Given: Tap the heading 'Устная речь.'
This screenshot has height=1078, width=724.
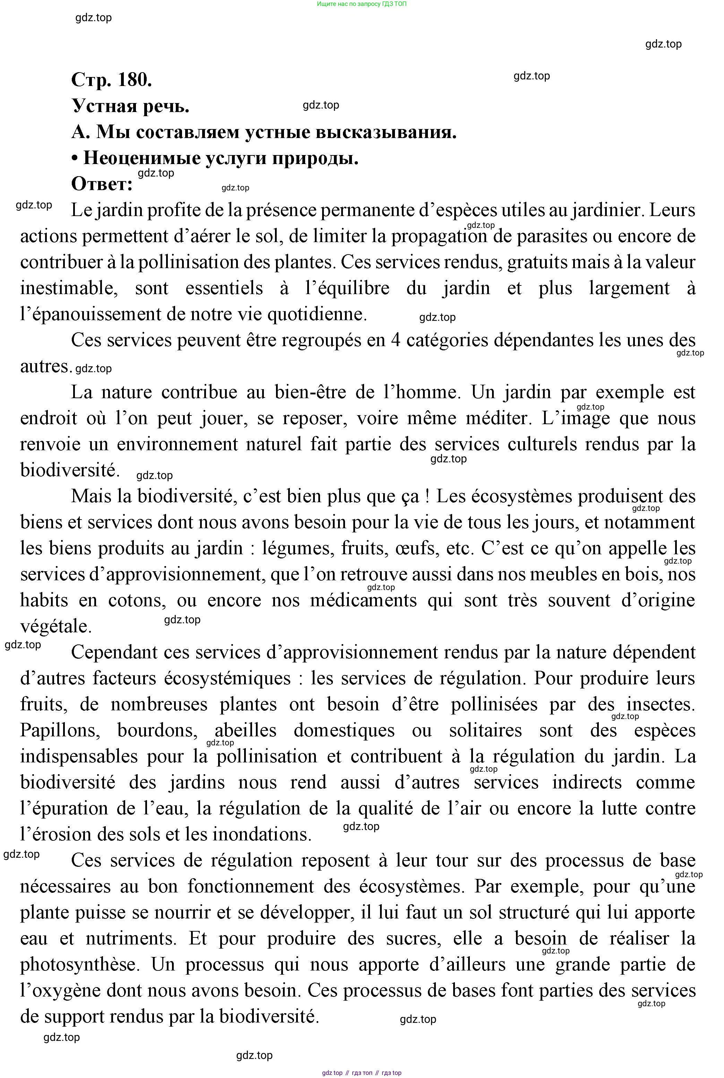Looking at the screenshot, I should (131, 106).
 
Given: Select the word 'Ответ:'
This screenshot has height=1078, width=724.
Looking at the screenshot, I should (102, 184).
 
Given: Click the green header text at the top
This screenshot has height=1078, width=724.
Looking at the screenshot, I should (362, 4).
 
